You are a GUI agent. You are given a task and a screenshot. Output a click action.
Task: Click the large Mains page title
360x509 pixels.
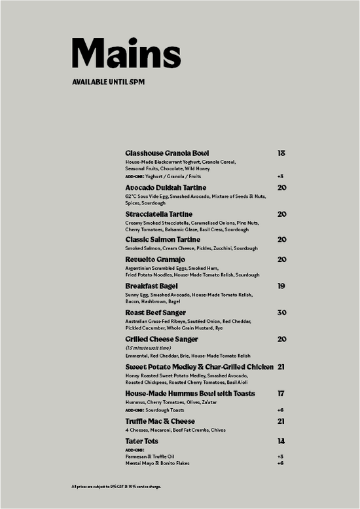click(126, 54)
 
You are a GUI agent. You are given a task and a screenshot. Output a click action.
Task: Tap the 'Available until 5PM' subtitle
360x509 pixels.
click(108, 82)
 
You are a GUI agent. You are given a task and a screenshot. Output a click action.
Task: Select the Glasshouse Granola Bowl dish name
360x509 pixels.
click(167, 153)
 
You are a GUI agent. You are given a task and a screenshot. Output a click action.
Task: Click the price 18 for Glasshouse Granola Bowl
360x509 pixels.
click(281, 153)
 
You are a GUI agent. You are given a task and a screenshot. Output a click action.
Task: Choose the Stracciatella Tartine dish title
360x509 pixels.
click(159, 214)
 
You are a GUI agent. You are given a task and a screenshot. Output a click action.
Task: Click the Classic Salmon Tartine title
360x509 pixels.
click(162, 240)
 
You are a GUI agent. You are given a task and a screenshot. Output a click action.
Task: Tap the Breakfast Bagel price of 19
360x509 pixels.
click(281, 286)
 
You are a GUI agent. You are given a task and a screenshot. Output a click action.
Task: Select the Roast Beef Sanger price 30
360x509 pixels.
click(281, 313)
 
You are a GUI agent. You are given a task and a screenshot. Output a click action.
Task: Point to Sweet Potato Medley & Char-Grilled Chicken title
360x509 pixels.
click(199, 367)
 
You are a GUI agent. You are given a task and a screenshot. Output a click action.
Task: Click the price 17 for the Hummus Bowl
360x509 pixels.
click(281, 394)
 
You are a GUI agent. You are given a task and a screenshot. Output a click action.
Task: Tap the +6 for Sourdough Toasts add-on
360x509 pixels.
click(280, 409)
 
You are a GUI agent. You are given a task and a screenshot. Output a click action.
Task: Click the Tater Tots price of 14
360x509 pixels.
click(281, 442)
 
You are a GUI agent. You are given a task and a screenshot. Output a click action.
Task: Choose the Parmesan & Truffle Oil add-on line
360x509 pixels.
click(149, 457)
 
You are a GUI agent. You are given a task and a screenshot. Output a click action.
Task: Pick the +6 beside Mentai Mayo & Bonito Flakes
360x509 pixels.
click(280, 463)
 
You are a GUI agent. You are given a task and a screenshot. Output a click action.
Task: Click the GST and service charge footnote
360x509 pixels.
click(117, 487)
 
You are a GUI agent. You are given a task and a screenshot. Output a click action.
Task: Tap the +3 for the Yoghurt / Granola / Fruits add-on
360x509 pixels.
click(280, 176)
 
